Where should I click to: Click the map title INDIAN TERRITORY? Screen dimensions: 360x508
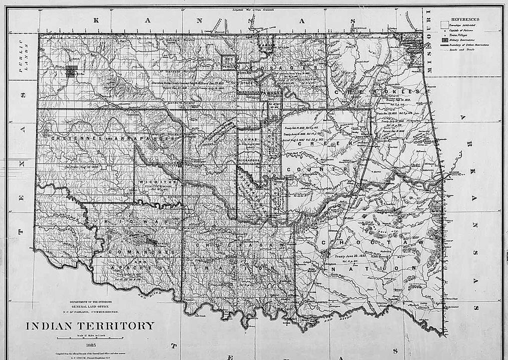90,326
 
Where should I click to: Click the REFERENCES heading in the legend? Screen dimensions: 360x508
465,19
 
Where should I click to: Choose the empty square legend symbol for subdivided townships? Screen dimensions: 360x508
444,24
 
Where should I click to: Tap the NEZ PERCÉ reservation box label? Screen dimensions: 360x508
229,62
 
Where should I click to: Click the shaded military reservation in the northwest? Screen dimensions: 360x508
72,71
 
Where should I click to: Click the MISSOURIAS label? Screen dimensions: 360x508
248,92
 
